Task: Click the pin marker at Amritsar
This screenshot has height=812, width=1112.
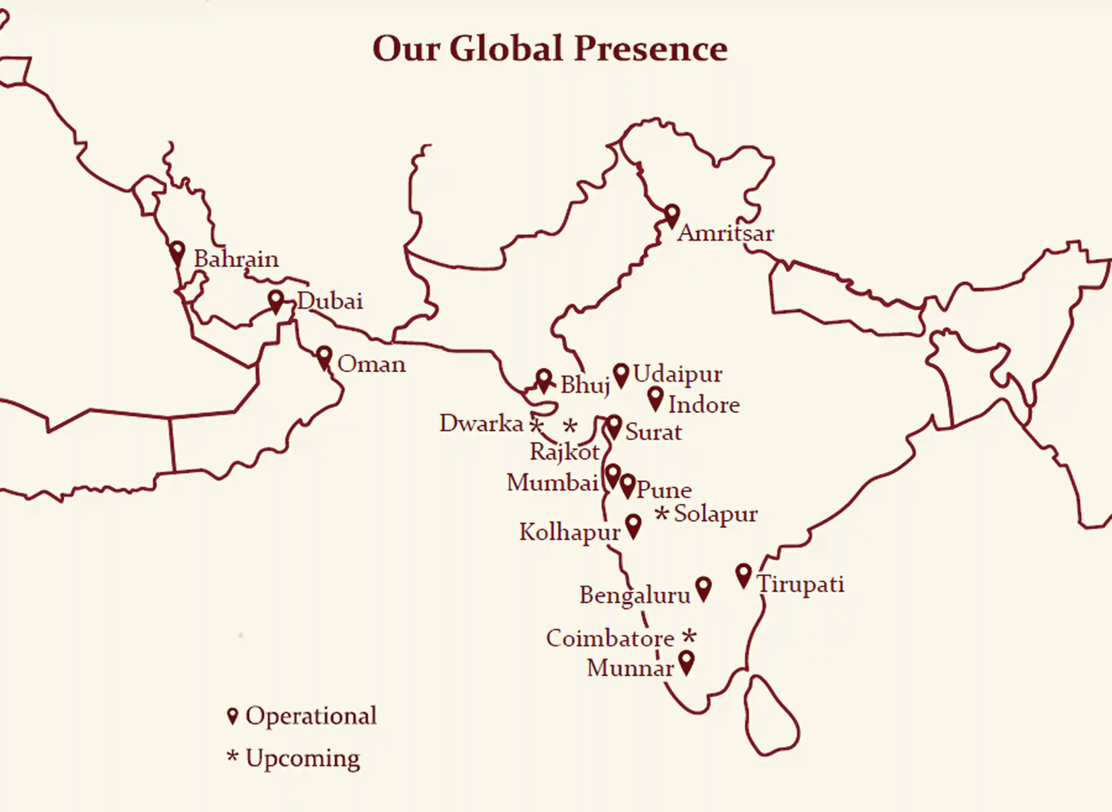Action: tap(672, 215)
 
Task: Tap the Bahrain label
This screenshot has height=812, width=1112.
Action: tap(236, 259)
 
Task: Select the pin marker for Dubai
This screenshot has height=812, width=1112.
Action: tap(276, 301)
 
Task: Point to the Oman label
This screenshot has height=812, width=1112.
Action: tap(371, 364)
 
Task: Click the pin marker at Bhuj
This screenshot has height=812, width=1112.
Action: tap(543, 380)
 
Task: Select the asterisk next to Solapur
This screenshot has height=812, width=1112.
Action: tap(662, 514)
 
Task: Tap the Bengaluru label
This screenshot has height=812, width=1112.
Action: tap(635, 595)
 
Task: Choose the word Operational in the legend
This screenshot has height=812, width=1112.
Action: tap(311, 716)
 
